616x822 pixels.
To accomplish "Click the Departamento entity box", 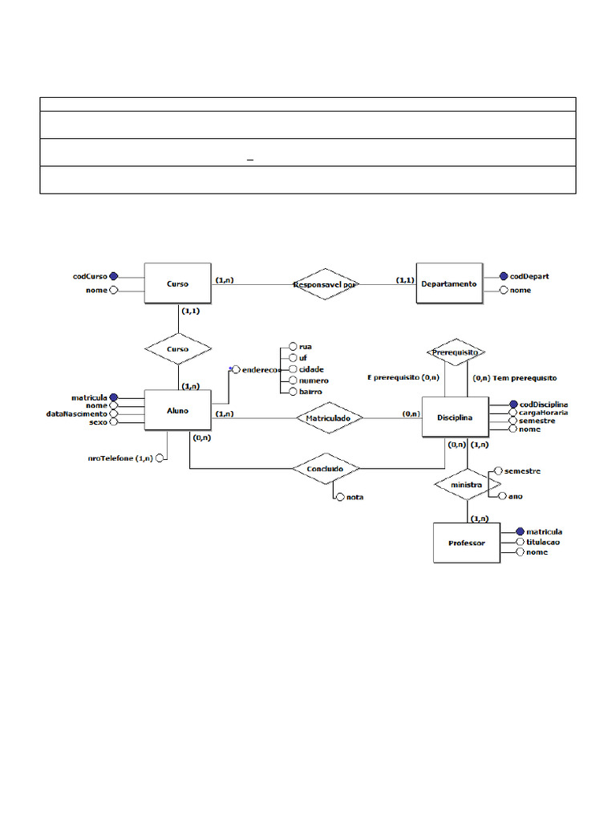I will click(x=449, y=283).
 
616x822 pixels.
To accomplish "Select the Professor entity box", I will click(x=466, y=543).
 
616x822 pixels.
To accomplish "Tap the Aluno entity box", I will click(x=177, y=410).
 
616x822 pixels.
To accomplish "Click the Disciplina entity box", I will click(x=454, y=417).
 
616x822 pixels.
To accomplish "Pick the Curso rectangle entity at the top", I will click(x=177, y=283).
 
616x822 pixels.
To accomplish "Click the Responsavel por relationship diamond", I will click(x=325, y=284).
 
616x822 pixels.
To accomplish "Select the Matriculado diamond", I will click(x=329, y=417).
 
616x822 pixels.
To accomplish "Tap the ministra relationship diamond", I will click(x=466, y=486).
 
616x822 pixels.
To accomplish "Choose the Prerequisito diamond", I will click(x=455, y=352).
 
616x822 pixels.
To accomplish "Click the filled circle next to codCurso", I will click(x=114, y=276).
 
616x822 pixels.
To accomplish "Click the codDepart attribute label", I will click(x=529, y=276).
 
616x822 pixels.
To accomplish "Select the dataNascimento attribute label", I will click(x=76, y=413).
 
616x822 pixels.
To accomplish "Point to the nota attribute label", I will click(x=355, y=497).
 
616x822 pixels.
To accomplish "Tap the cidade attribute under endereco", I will click(x=311, y=369).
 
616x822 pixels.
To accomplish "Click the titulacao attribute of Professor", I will click(x=543, y=542).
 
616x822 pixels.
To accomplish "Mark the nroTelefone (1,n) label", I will click(x=120, y=458).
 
